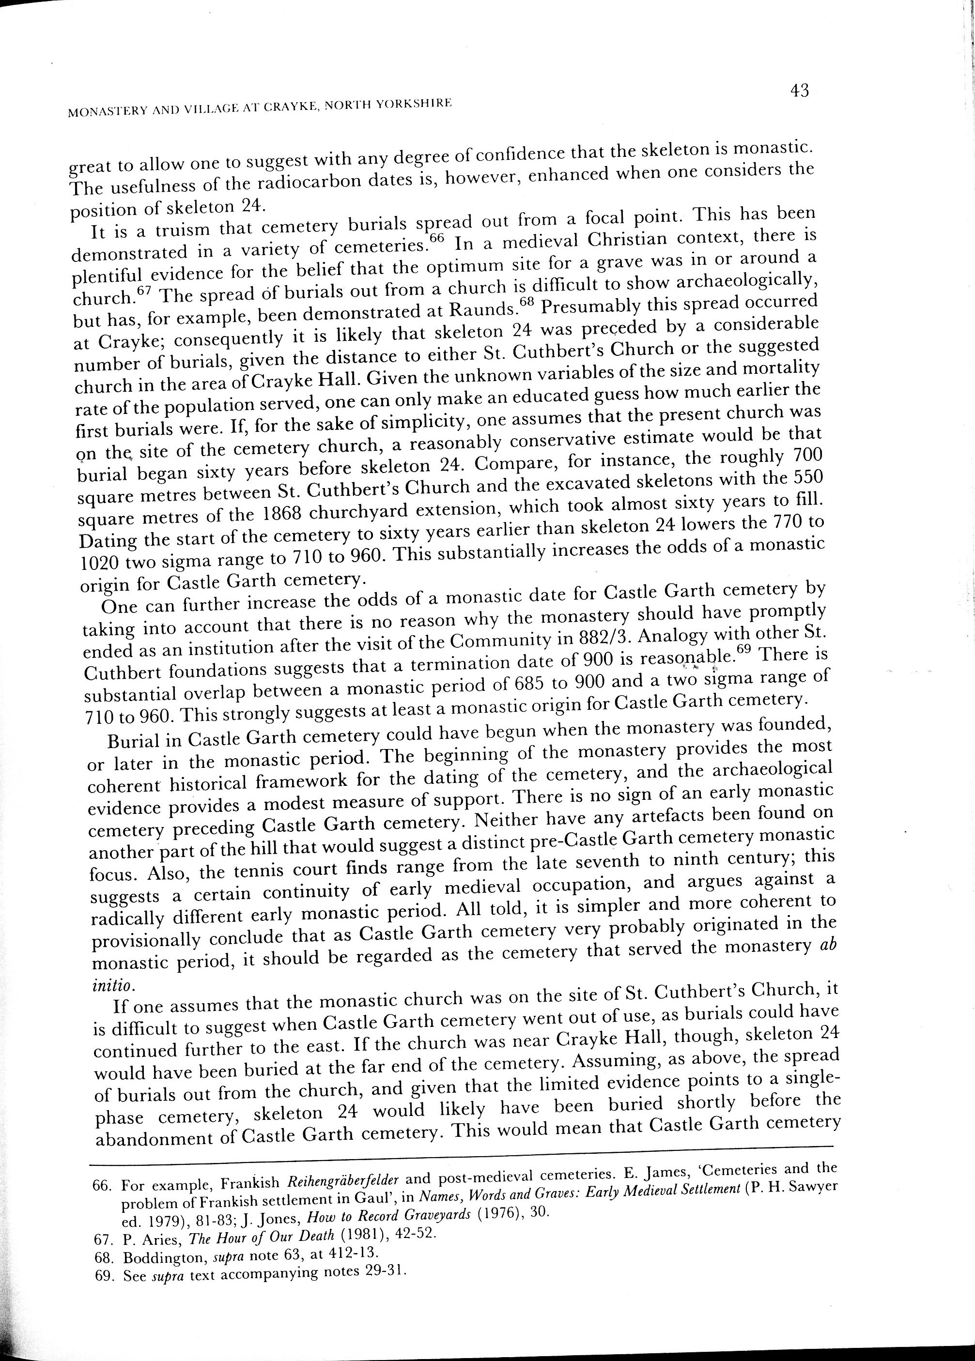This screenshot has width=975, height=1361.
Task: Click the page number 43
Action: (800, 91)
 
